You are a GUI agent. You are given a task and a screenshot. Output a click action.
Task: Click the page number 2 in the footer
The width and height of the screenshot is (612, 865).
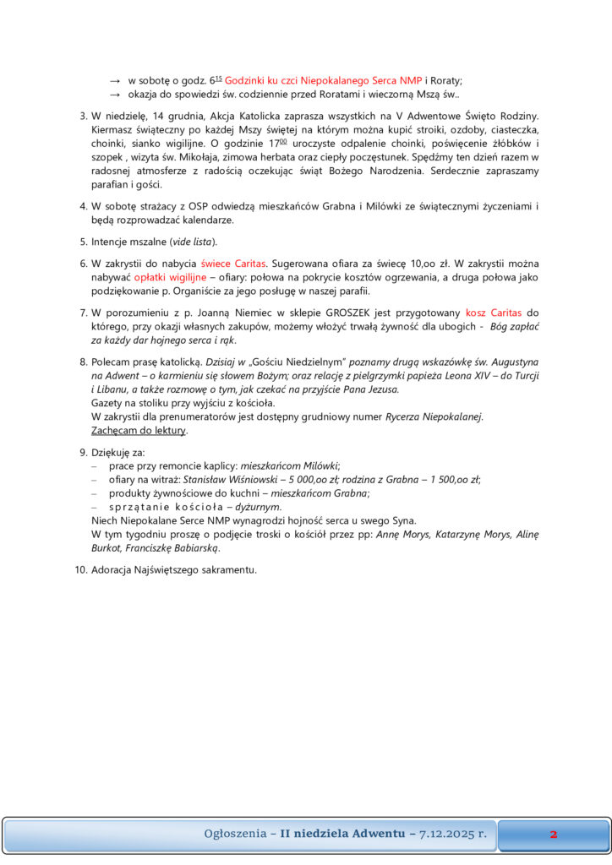(x=553, y=835)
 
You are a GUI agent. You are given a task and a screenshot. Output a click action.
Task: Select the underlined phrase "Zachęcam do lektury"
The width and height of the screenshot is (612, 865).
(x=139, y=430)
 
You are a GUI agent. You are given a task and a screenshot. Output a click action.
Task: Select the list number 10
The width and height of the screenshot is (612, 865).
(x=80, y=570)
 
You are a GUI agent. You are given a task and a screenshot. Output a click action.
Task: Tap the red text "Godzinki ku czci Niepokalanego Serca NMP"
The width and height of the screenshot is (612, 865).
(x=323, y=80)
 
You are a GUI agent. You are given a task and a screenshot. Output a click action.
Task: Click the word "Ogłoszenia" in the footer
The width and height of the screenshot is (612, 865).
(x=233, y=835)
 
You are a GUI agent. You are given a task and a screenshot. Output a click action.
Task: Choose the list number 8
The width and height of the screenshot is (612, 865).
(x=83, y=362)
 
